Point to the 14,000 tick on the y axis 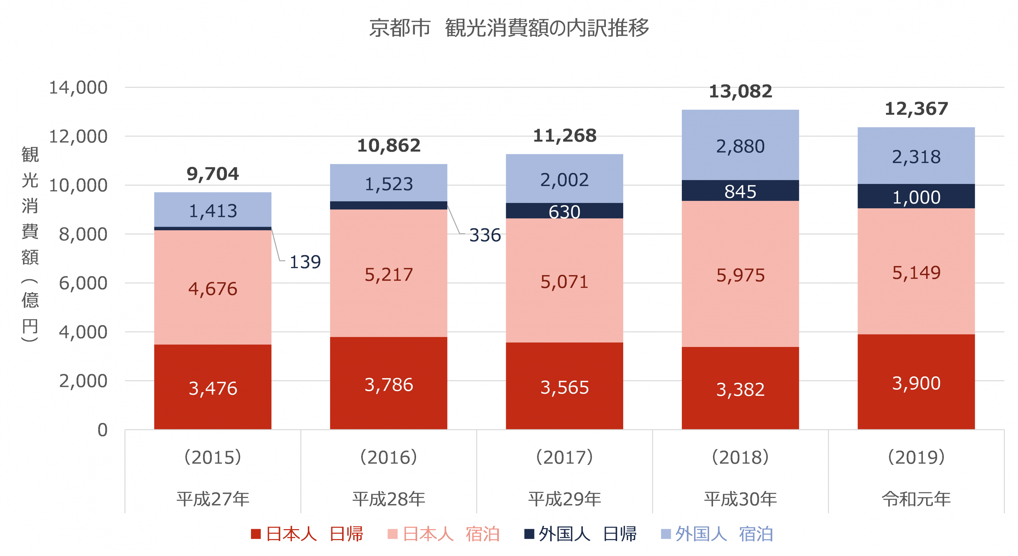[78, 87]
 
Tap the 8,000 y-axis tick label [83, 234]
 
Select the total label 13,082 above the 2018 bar [740, 92]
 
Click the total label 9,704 [212, 174]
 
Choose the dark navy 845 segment [740, 191]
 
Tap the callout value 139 [305, 262]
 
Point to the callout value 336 [485, 235]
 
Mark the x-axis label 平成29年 [564, 499]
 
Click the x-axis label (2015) [212, 458]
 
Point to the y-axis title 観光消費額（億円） [30, 243]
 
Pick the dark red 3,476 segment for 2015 [212, 388]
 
